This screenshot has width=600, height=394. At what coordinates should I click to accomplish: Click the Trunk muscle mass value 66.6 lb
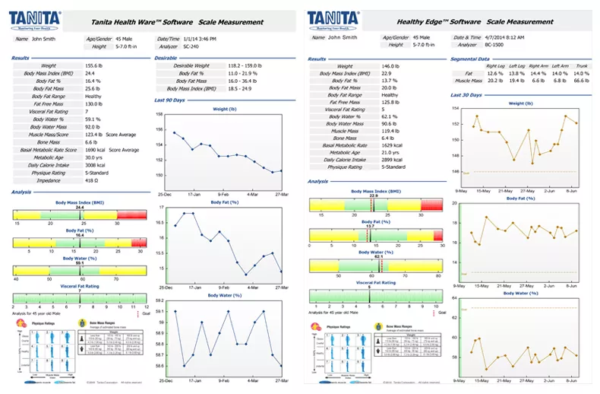(x=582, y=80)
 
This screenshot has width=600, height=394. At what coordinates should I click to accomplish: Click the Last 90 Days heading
(x=170, y=100)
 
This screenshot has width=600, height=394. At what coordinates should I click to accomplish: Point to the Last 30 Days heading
(x=465, y=95)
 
